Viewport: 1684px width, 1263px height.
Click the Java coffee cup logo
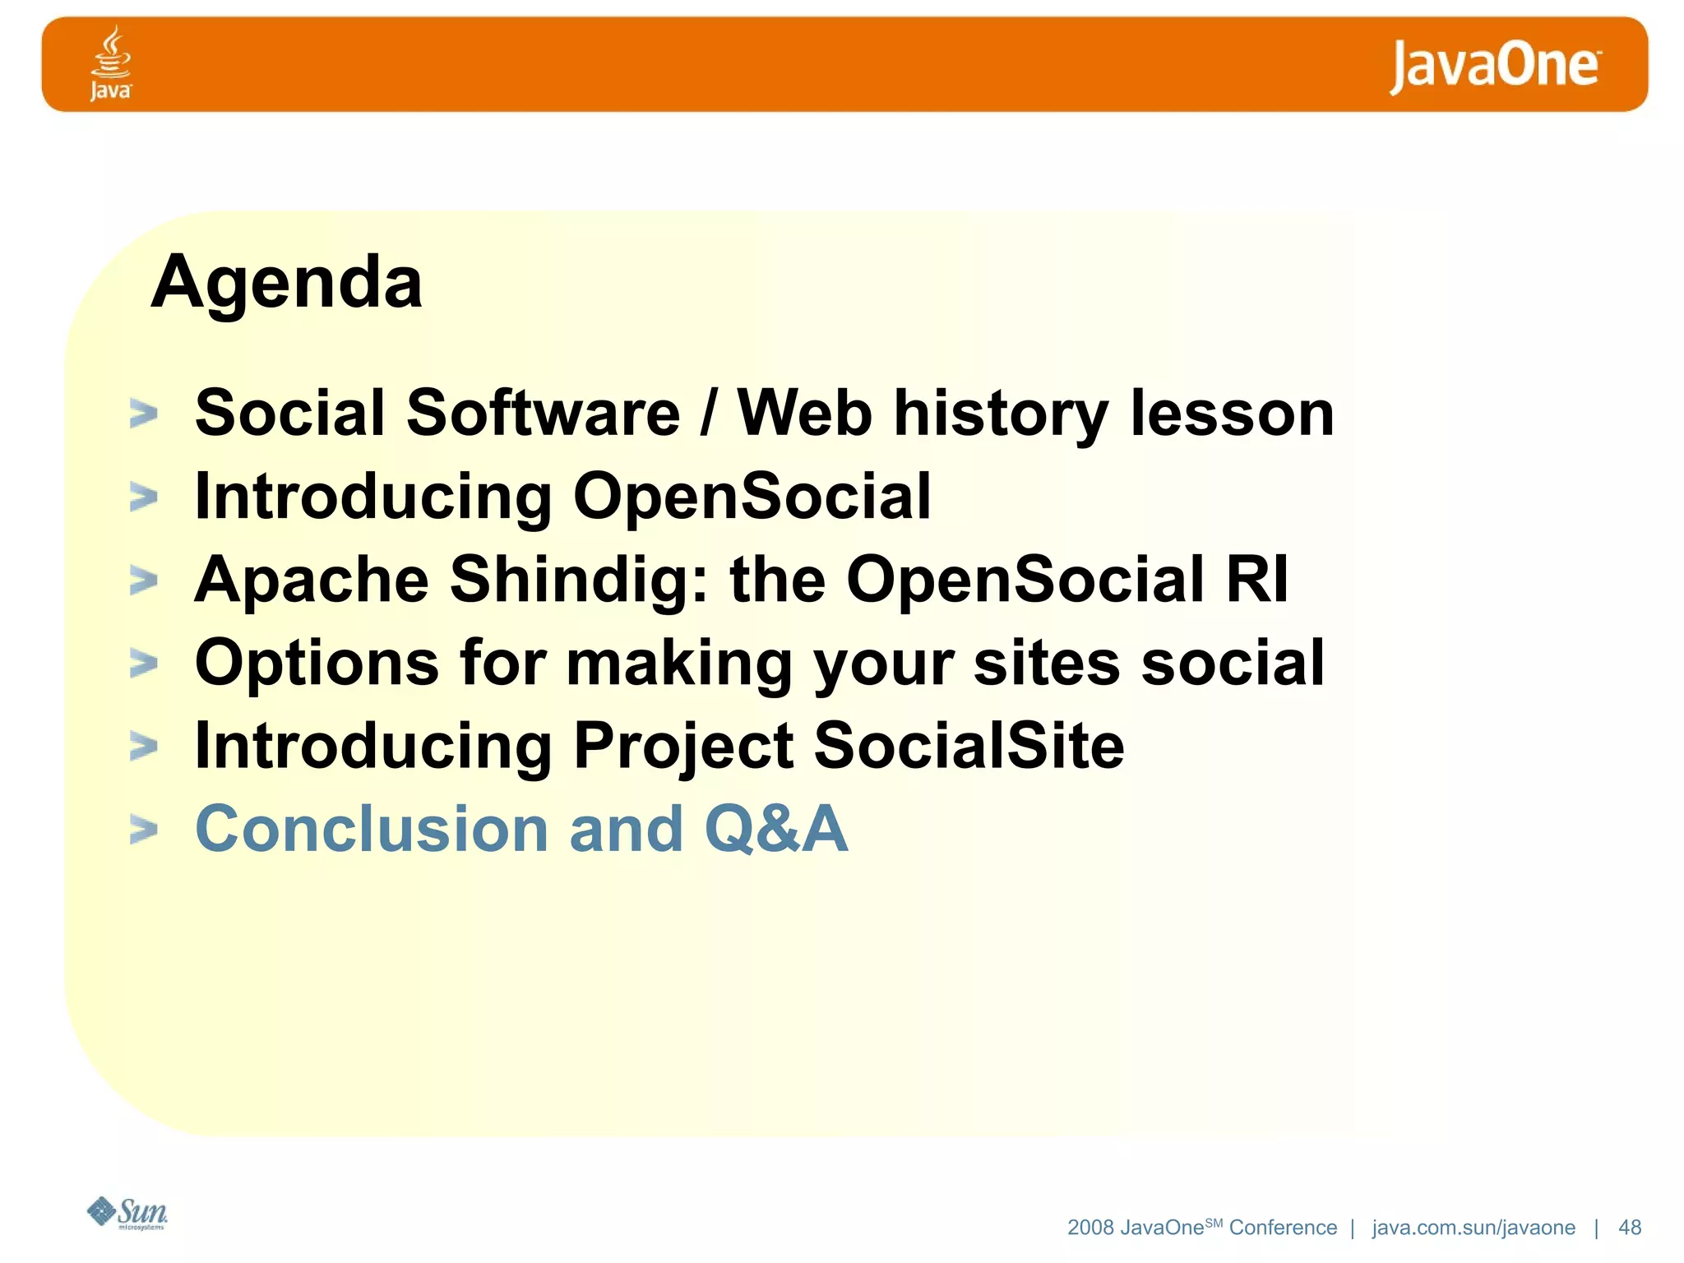pyautogui.click(x=110, y=63)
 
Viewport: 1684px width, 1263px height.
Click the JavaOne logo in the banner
pyautogui.click(x=1494, y=66)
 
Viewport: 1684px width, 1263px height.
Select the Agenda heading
pyautogui.click(x=287, y=282)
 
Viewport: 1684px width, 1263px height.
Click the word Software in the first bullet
pyautogui.click(x=543, y=413)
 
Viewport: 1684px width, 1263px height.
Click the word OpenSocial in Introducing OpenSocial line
pyautogui.click(x=752, y=497)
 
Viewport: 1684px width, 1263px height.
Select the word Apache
pyautogui.click(x=312, y=580)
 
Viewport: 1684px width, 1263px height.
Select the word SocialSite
pyautogui.click(x=969, y=746)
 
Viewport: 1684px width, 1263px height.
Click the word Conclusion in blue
pyautogui.click(x=371, y=829)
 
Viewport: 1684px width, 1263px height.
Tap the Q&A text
pyautogui.click(x=775, y=829)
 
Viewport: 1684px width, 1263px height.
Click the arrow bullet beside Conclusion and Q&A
pyautogui.click(x=144, y=830)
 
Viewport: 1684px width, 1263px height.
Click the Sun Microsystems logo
pyautogui.click(x=127, y=1213)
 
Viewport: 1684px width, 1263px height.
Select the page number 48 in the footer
pyautogui.click(x=1629, y=1228)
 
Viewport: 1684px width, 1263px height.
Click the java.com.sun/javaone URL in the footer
pyautogui.click(x=1473, y=1228)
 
